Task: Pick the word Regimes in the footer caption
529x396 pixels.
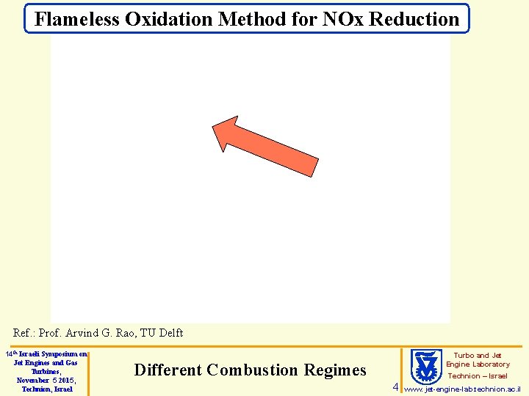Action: [x=339, y=370]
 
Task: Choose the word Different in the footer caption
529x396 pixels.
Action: [x=168, y=370]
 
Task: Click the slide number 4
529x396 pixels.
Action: [x=395, y=386]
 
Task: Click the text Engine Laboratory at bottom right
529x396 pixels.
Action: [x=478, y=364]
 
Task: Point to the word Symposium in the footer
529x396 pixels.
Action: [x=65, y=354]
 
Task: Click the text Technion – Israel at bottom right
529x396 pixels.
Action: [x=478, y=375]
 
